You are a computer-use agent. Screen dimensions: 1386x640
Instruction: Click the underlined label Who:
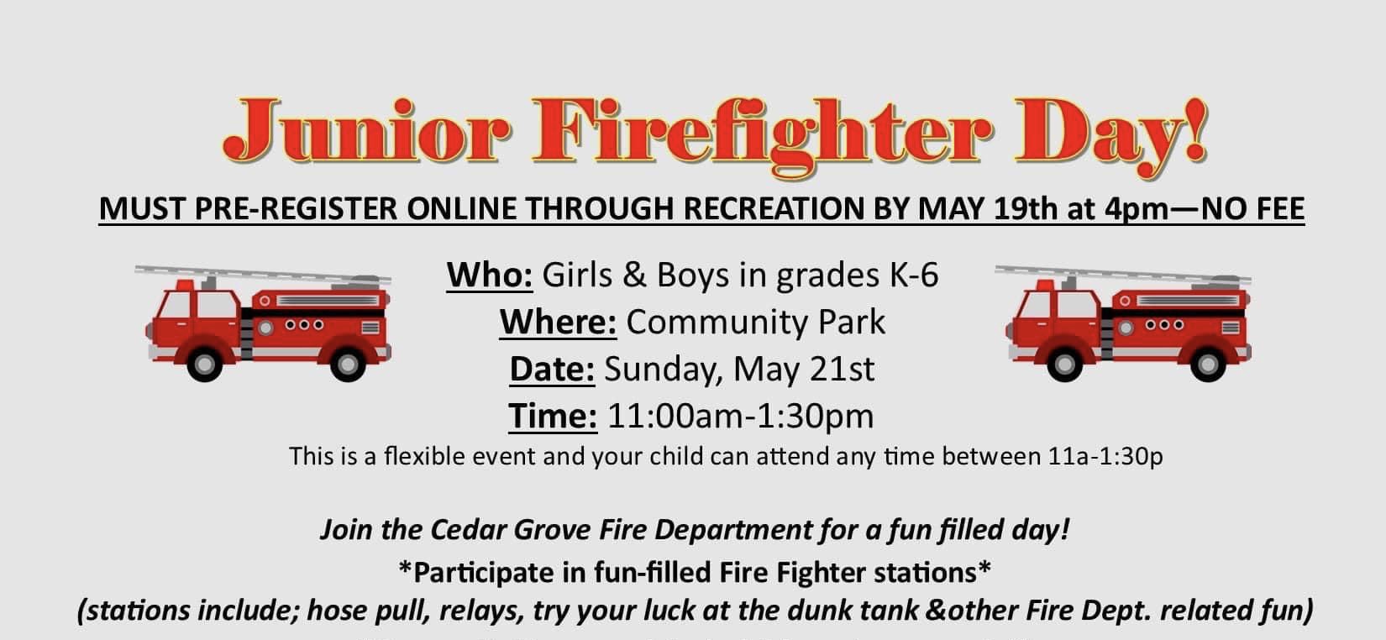tap(490, 275)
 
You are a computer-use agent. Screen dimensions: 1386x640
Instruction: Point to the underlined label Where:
tap(558, 322)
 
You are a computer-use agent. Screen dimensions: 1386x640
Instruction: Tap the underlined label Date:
tap(552, 369)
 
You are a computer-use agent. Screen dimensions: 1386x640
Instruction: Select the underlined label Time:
tap(553, 416)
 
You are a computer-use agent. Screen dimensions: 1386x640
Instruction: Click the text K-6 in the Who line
tap(914, 275)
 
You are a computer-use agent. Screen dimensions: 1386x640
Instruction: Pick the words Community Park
tap(755, 323)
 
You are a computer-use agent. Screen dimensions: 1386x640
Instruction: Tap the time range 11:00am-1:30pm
tap(741, 416)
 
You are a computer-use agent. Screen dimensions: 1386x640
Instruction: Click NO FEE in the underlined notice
tap(1253, 208)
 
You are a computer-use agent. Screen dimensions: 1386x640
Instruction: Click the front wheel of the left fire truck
tap(204, 365)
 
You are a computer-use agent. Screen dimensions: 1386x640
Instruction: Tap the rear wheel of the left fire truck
tap(348, 365)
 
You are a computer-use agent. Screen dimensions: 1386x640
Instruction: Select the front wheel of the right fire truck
tap(1064, 365)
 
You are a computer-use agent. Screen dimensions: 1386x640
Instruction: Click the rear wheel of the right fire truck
tap(1208, 365)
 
